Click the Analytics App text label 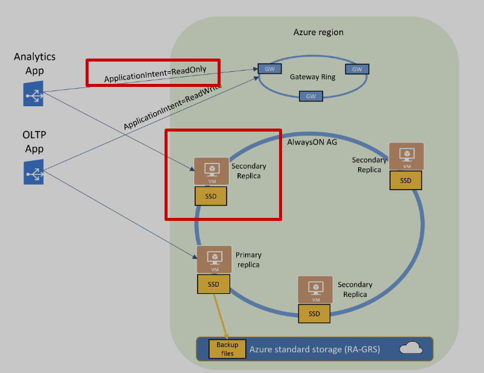coord(34,63)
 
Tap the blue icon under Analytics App coord(33,94)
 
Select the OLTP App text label coord(34,143)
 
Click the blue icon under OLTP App coord(34,172)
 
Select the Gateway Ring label coord(312,77)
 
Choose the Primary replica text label coord(248,260)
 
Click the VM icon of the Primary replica coord(214,260)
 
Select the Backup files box coord(227,349)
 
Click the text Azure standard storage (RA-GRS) coord(315,349)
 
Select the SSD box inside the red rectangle coord(210,196)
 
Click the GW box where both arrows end coord(266,68)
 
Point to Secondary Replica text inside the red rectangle coord(248,171)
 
